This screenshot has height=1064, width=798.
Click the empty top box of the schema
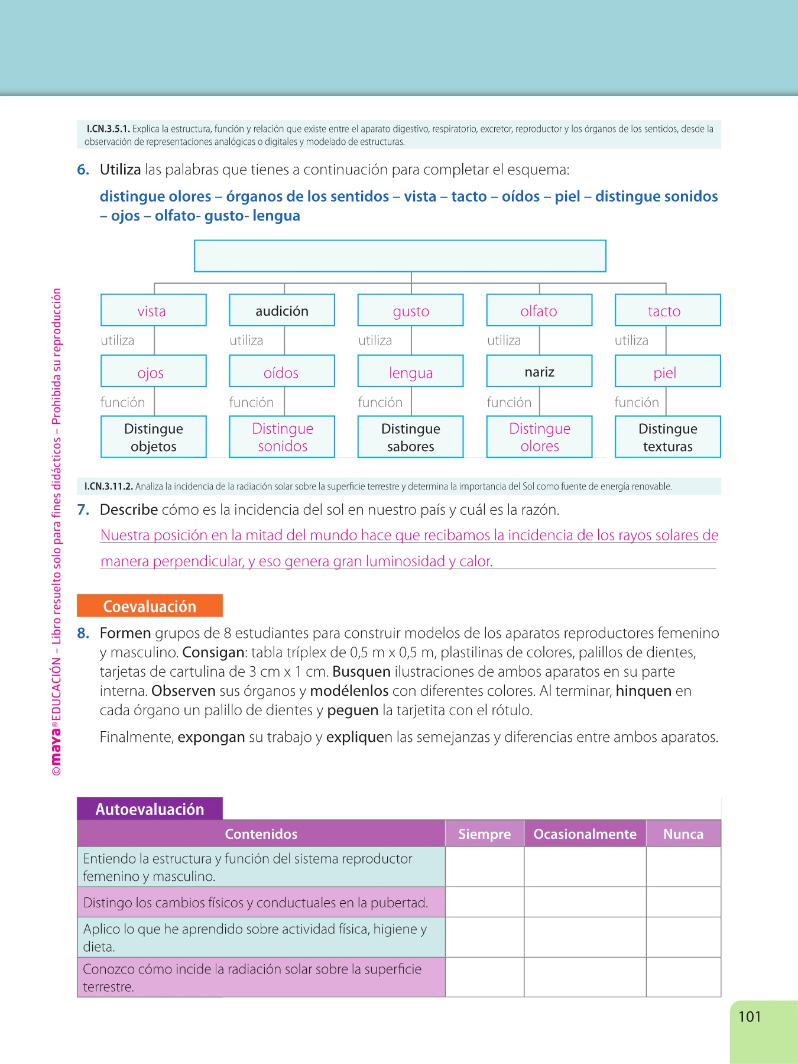pyautogui.click(x=400, y=256)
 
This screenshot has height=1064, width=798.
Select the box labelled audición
pyautogui.click(x=282, y=310)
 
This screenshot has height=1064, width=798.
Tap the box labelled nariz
pyautogui.click(x=539, y=371)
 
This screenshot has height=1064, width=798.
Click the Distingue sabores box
pyautogui.click(x=410, y=437)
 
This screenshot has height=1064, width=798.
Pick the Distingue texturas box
pyautogui.click(x=667, y=437)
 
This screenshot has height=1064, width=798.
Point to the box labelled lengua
pyautogui.click(x=410, y=372)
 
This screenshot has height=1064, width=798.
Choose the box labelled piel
pyautogui.click(x=667, y=372)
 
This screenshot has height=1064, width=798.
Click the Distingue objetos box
pyautogui.click(x=153, y=437)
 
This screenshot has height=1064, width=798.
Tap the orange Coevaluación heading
pyautogui.click(x=150, y=606)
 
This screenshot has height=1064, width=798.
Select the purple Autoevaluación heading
pyautogui.click(x=150, y=809)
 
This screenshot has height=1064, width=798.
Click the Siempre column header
pyautogui.click(x=484, y=833)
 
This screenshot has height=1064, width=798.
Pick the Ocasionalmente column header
pyautogui.click(x=585, y=833)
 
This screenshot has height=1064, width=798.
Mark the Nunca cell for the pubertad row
pyautogui.click(x=683, y=902)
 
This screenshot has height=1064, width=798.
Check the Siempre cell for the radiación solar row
pyautogui.click(x=484, y=977)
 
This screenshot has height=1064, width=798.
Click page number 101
pyautogui.click(x=749, y=1017)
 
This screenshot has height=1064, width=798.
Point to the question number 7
pyautogui.click(x=83, y=510)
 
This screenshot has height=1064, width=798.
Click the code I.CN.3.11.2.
pyautogui.click(x=108, y=486)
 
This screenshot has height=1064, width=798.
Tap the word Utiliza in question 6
pyautogui.click(x=120, y=170)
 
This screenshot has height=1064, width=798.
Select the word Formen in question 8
pyautogui.click(x=125, y=633)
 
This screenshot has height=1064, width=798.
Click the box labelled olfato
pyautogui.click(x=539, y=310)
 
